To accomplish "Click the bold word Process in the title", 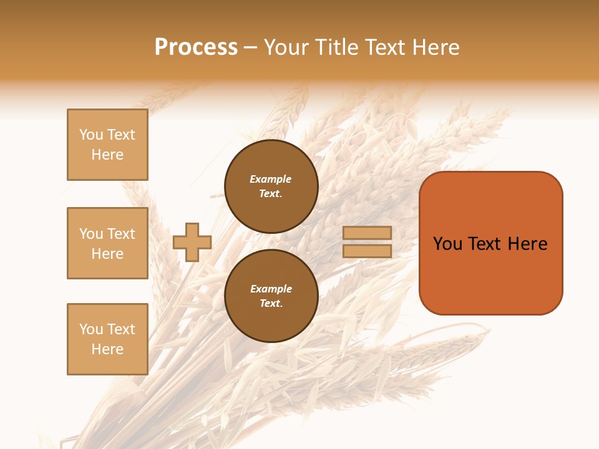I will click(196, 47).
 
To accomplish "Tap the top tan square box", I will click(107, 145).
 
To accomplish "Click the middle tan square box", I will click(107, 243).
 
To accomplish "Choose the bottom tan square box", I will click(107, 339).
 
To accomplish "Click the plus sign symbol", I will click(192, 242).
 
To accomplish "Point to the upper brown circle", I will click(271, 186).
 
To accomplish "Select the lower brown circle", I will click(271, 296).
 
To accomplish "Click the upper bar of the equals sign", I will click(367, 233).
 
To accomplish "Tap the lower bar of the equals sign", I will click(367, 251).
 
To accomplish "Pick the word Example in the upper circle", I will click(271, 179).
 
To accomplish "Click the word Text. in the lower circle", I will click(271, 304).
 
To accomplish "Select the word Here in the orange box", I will click(527, 244).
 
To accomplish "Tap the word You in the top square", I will click(91, 135).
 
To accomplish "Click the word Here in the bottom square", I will click(107, 349).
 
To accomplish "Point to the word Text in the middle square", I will click(121, 234).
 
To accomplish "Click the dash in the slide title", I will click(251, 47).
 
